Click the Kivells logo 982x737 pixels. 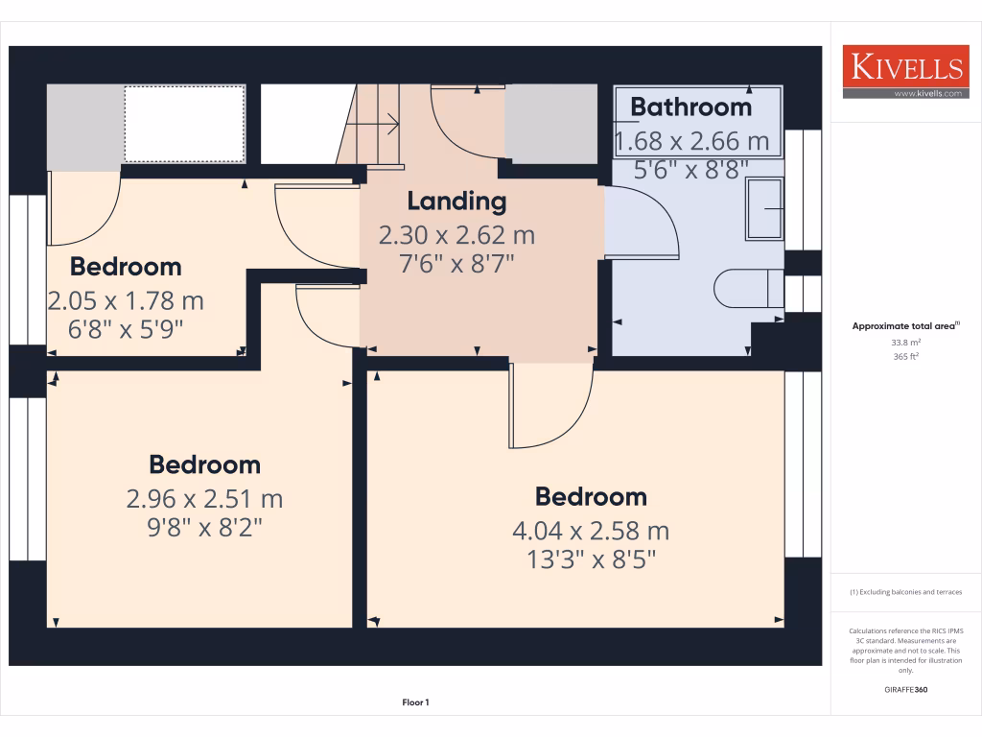pos(905,67)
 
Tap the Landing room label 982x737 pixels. pos(456,202)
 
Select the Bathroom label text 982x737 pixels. pos(690,107)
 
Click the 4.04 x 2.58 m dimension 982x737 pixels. pos(591,530)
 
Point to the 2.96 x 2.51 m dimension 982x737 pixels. pos(204,498)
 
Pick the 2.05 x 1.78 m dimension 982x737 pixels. pos(126,300)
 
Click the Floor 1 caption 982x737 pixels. pos(415,702)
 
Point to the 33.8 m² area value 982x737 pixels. pos(905,342)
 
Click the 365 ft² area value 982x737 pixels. pos(905,356)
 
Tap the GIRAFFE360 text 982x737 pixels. pos(905,689)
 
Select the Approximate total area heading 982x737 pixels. pos(904,326)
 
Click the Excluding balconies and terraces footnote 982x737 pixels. pos(905,592)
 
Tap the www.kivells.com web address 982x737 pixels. pos(926,93)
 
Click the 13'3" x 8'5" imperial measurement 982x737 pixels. pos(591,559)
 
